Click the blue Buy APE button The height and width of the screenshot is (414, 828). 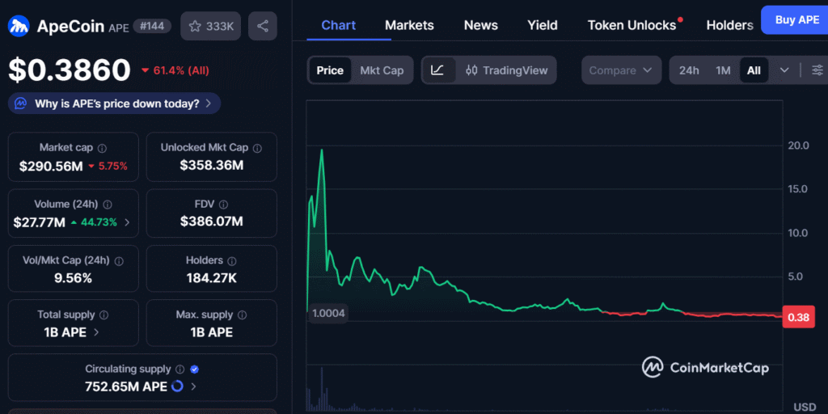click(x=796, y=19)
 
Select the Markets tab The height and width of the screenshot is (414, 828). click(x=409, y=25)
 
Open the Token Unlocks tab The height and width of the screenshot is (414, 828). click(x=632, y=25)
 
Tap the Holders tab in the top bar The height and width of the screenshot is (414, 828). click(x=729, y=25)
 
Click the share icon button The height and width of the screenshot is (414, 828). click(x=263, y=26)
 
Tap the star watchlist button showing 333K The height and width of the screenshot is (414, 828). click(x=211, y=26)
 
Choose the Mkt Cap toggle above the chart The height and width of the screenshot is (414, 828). click(x=382, y=70)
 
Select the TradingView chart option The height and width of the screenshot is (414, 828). click(x=507, y=70)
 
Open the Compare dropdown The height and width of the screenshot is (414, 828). click(x=620, y=70)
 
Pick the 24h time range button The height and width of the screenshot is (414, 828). click(x=689, y=70)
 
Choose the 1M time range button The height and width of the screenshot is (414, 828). click(x=723, y=70)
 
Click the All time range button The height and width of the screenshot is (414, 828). click(x=754, y=70)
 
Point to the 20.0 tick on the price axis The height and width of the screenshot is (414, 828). click(x=798, y=146)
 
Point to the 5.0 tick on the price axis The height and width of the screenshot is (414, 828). click(x=798, y=277)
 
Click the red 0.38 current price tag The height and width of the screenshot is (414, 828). click(x=798, y=317)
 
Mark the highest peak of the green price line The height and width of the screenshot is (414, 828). click(x=322, y=150)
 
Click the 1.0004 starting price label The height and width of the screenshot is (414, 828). click(x=327, y=314)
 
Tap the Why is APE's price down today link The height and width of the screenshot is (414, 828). click(x=115, y=103)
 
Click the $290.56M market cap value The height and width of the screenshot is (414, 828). click(x=51, y=166)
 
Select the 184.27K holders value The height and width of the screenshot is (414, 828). click(x=211, y=278)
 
